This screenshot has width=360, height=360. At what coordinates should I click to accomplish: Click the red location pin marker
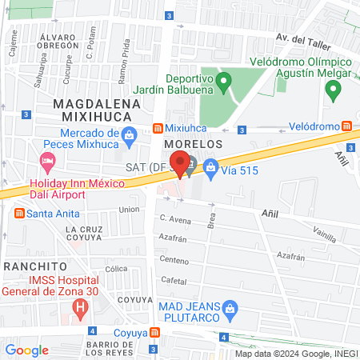coord(181,162)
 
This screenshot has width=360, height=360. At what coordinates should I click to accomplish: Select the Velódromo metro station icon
coord(346,126)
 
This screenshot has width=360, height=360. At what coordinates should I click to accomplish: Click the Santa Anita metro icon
coord(18,213)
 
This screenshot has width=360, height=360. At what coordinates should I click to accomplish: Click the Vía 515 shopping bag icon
coord(210,167)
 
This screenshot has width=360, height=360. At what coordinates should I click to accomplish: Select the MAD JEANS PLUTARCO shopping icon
coord(230,307)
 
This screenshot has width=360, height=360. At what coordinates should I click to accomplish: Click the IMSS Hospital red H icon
coord(79,307)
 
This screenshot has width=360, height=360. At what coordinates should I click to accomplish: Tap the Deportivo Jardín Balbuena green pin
coord(225,80)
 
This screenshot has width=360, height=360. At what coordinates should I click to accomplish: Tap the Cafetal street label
coord(174,280)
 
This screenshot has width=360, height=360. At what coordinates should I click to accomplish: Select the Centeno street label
coord(174,260)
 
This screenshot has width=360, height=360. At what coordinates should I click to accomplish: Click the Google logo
coord(27,350)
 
